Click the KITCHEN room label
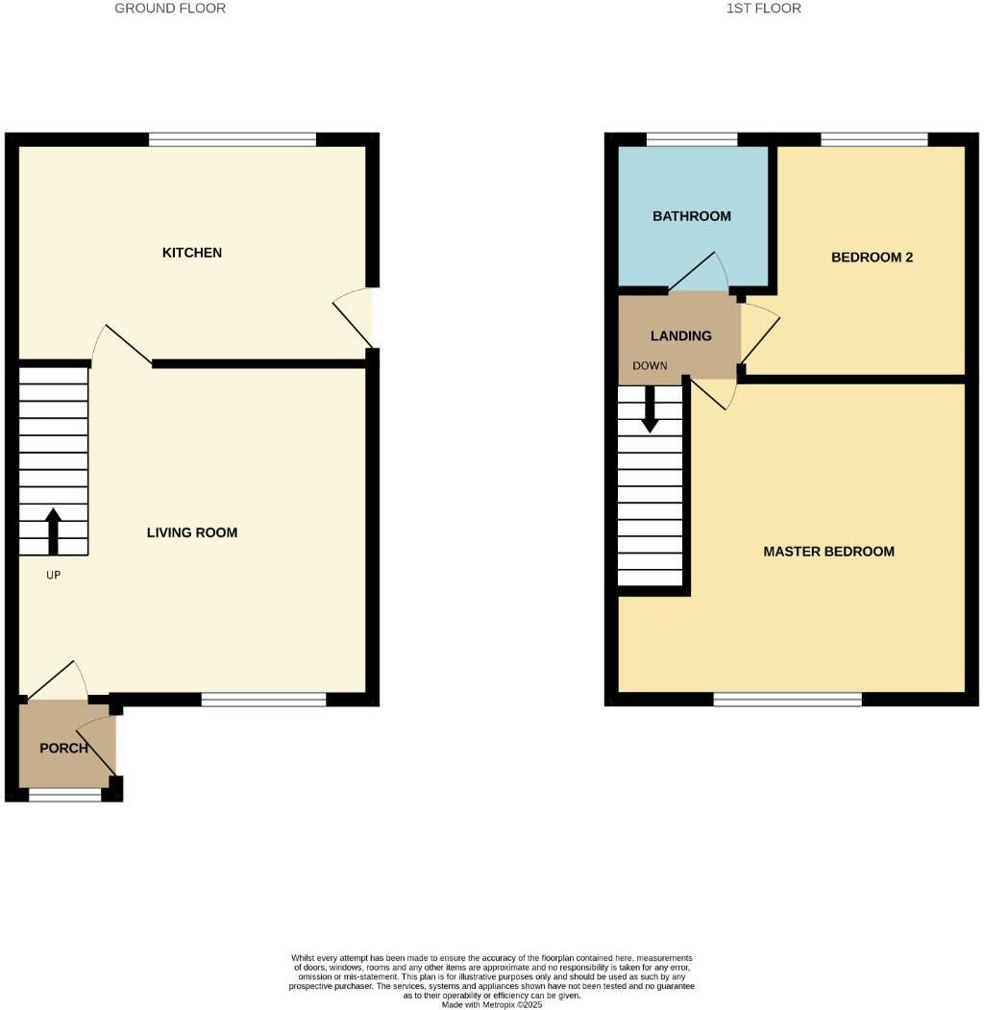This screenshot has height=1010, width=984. tap(192, 253)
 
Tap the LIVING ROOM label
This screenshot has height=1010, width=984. tap(192, 532)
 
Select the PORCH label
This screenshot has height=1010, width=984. tap(63, 749)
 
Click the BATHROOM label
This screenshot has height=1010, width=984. tap(692, 216)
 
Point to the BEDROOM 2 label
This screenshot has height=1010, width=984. tap(872, 258)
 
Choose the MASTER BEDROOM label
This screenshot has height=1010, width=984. tap(828, 552)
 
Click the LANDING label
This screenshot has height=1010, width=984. tap(681, 336)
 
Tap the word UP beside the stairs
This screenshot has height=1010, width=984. tap(54, 575)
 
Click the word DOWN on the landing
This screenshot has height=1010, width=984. tap(650, 366)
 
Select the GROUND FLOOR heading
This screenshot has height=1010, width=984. tap(170, 9)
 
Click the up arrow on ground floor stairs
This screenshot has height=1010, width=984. tap(53, 531)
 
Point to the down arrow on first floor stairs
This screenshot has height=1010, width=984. tap(651, 408)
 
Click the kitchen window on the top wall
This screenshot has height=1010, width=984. tap(233, 140)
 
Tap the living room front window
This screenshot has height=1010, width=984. tap(263, 700)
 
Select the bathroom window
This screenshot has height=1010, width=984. tap(692, 140)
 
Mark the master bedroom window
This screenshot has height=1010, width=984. tap(787, 700)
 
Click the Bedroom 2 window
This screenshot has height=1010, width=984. tap(873, 140)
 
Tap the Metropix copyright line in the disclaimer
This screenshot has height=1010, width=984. tap(492, 1005)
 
